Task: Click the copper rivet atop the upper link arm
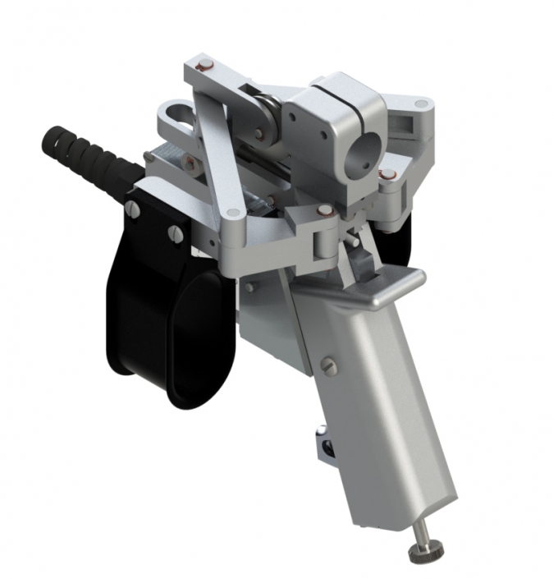point(206,65)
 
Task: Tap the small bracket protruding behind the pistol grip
point(326,448)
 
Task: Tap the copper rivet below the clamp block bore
point(386,174)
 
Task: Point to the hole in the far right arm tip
point(421,104)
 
